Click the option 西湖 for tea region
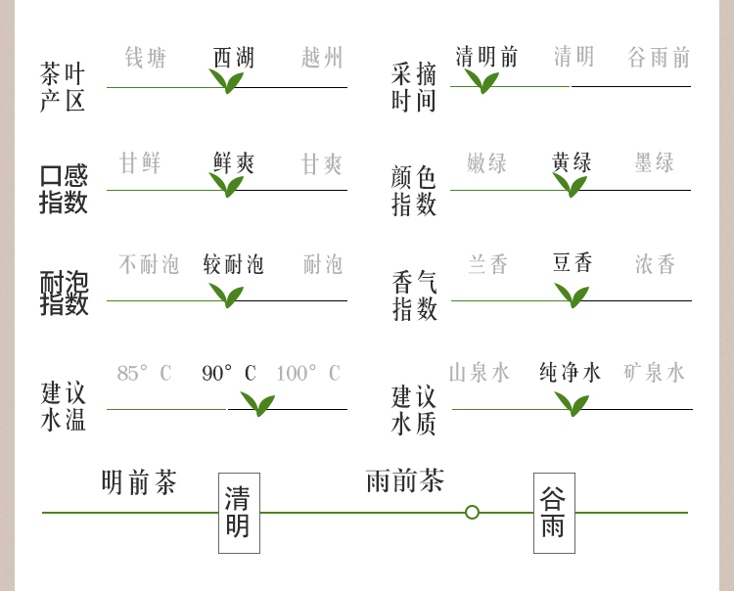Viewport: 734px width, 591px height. pos(234,58)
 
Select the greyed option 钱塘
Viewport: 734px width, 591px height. pos(146,58)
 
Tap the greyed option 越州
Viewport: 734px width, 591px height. pos(322,58)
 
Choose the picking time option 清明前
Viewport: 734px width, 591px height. pos(486,57)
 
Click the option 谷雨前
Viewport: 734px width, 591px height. pos(659,57)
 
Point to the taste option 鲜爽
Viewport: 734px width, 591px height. pos(234,163)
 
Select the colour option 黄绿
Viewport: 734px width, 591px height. pos(572,162)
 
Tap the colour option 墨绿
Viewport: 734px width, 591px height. pos(655,162)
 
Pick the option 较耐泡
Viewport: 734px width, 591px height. pos(234,264)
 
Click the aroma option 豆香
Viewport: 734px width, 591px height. pos(573,263)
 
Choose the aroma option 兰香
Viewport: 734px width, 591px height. pos(487,264)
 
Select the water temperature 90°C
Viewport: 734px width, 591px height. pos(229,373)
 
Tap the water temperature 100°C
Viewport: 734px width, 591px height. pos(307,373)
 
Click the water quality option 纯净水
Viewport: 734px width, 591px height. pos(571,372)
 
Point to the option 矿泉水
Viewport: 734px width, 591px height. pos(655,372)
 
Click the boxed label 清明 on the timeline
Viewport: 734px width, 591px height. pos(239,513)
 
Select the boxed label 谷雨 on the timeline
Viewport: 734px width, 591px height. pos(554,513)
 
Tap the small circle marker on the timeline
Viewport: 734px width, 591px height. pos(472,512)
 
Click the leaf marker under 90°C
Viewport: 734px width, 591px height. pos(257,403)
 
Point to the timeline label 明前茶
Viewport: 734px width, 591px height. pos(139,482)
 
